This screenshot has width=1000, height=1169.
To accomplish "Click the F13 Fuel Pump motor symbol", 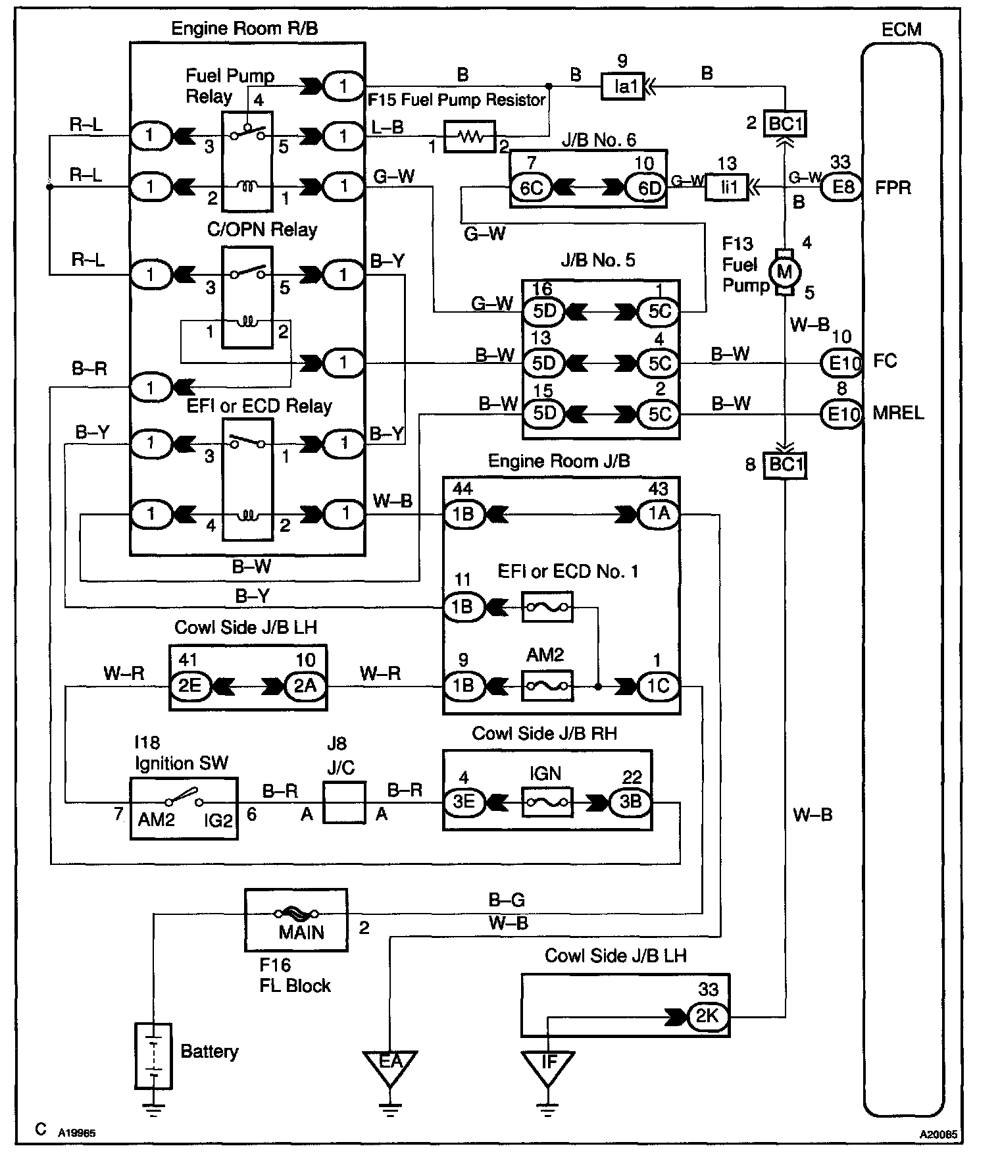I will coord(784,272).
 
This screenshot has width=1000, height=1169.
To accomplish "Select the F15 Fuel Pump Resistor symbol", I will coord(470,137).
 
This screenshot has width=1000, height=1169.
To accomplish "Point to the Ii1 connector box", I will coord(728,188).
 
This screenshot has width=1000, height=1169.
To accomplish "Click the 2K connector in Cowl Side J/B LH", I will coord(707,1016).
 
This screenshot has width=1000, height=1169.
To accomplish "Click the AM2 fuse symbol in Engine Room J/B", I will coord(547,686).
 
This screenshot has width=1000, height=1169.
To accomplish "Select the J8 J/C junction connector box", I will coord(344,802).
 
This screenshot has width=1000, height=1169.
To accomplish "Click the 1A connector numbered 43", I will coord(659,513).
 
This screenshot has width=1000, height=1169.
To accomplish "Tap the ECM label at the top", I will coord(901,29).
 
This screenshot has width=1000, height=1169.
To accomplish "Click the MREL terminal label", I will coord(898,413).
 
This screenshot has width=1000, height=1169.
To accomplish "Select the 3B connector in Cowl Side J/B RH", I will coord(630,802).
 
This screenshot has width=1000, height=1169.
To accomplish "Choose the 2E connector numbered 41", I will coord(189,686).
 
